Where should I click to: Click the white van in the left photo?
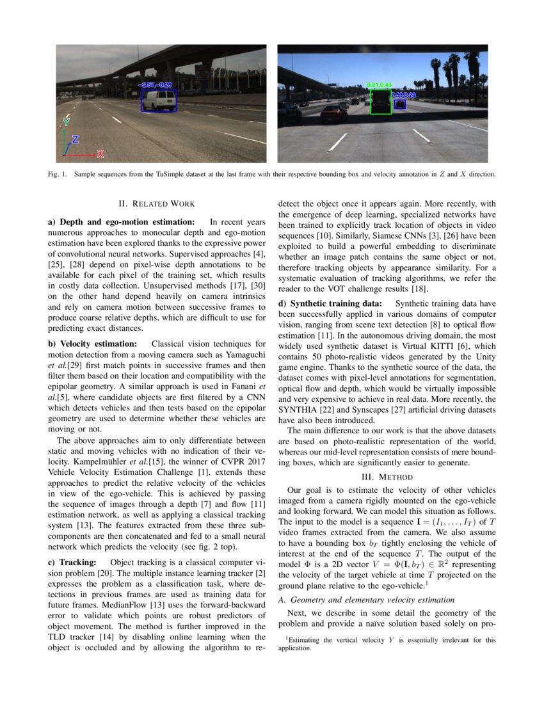157,100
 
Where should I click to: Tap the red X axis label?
100,154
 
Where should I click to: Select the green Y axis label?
66,121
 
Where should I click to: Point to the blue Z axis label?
75,139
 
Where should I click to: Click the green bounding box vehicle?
380,102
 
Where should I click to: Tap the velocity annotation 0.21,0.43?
379,84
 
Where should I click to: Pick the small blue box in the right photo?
400,103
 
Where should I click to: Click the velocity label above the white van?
155,84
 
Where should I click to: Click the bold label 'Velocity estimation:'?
93,344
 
